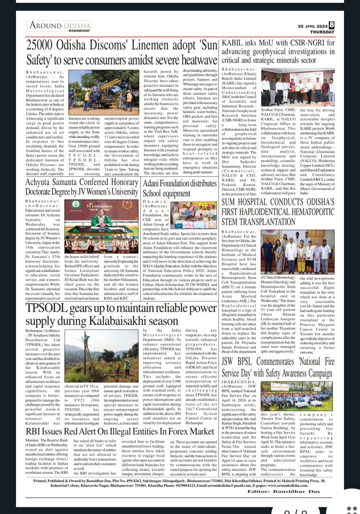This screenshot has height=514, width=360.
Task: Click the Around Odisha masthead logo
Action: (x=59, y=26)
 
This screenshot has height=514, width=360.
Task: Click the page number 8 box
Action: (x=331, y=25)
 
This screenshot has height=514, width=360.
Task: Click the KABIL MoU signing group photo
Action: (x=298, y=88)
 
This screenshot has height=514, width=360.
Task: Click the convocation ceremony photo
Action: (x=101, y=227)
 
